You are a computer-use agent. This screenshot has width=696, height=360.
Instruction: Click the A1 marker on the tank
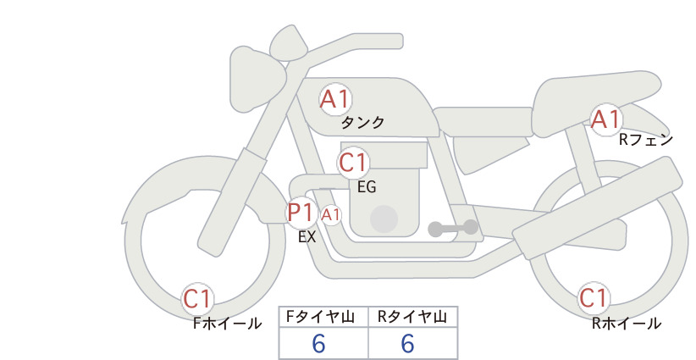tap(335, 99)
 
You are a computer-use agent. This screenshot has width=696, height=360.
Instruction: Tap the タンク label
tap(362, 122)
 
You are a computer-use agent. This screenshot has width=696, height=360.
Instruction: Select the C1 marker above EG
tap(353, 163)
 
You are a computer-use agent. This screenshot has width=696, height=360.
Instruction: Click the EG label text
tap(367, 187)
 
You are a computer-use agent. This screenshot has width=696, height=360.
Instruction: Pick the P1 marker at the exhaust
tap(301, 213)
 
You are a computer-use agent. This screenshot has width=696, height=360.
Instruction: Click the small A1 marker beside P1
tap(331, 215)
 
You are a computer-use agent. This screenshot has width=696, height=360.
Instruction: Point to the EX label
tap(307, 237)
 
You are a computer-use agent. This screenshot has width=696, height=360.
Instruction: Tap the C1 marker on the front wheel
tap(197, 299)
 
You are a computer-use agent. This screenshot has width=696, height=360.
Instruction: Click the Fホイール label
tap(227, 324)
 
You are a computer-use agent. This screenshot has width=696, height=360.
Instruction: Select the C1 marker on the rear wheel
tap(594, 298)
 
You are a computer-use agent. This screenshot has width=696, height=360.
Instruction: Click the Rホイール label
tap(627, 324)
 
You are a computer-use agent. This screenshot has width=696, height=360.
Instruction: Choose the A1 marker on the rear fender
tap(606, 119)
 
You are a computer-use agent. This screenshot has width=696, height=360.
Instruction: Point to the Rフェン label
tap(646, 140)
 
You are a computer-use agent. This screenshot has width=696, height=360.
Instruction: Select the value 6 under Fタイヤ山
tap(318, 343)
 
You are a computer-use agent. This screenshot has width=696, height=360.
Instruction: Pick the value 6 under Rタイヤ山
tap(407, 343)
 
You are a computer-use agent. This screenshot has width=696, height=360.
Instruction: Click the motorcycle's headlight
tap(256, 80)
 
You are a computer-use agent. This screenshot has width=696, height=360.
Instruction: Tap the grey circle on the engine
tap(384, 219)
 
